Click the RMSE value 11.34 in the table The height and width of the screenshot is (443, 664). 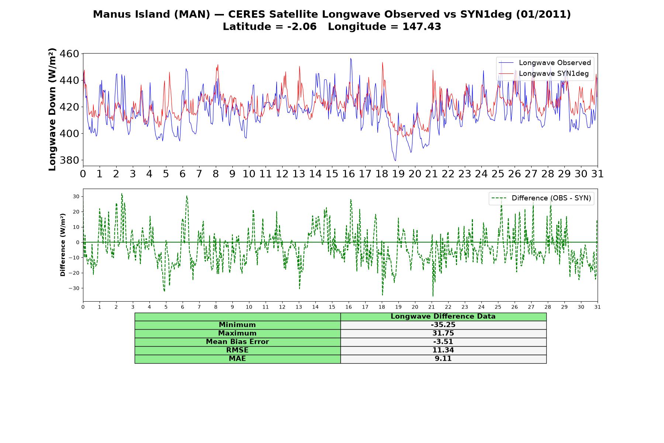click(x=443, y=350)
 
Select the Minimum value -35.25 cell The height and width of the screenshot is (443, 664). click(x=443, y=325)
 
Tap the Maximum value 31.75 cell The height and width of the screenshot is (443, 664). click(x=443, y=333)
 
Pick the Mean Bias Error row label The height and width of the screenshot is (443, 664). click(x=237, y=342)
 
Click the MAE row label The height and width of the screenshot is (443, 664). click(x=237, y=358)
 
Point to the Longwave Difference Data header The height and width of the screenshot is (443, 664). click(x=443, y=316)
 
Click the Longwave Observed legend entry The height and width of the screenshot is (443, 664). click(x=545, y=63)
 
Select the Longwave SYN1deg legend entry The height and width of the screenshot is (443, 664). click(x=544, y=73)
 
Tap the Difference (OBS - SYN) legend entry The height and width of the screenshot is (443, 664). click(x=541, y=198)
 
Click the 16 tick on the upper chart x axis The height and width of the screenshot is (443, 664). click(x=349, y=174)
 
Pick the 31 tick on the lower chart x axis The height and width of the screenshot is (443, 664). click(x=598, y=307)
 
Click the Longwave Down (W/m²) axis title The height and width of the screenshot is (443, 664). click(x=52, y=109)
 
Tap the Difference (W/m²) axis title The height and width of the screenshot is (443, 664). click(x=63, y=245)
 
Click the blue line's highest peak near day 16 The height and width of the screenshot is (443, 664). click(x=350, y=58)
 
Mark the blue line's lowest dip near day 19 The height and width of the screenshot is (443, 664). click(x=395, y=161)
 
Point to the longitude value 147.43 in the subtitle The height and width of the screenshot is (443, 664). click(x=422, y=27)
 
